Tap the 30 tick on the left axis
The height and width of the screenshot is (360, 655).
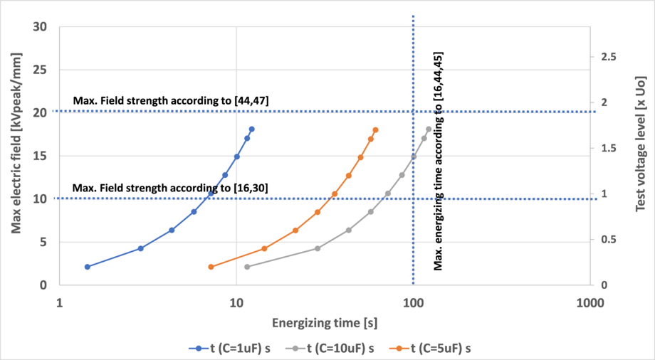[40, 27]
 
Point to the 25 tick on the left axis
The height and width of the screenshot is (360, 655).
[40, 70]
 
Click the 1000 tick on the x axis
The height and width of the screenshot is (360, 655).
[589, 302]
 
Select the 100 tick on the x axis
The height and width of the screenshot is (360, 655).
[413, 302]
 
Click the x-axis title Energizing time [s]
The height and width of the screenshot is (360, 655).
[324, 322]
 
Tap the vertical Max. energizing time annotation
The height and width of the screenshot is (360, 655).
[439, 161]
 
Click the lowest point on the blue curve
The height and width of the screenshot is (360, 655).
[88, 267]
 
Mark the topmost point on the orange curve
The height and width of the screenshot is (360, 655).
[376, 129]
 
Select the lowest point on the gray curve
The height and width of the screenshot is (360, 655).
[247, 267]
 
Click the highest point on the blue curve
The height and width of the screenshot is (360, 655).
[252, 129]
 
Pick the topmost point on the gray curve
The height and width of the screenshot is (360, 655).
[429, 129]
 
